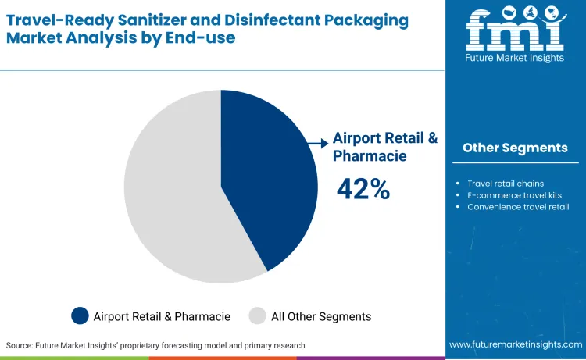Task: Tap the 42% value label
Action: point(363,189)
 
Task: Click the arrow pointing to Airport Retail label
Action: point(317,143)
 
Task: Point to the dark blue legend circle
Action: point(80,316)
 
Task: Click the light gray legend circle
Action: point(257,316)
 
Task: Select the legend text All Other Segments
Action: point(321,316)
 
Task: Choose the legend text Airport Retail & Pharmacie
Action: point(162,316)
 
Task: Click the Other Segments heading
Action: point(515,148)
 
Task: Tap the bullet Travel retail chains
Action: point(506,184)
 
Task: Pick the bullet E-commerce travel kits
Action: point(514,195)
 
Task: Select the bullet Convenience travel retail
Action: point(518,207)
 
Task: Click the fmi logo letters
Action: point(514,32)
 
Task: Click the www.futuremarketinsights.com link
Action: point(515,344)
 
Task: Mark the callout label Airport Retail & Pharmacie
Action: point(385,146)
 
